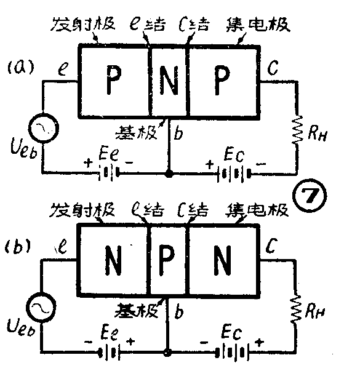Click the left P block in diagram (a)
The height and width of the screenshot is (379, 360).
[114, 79]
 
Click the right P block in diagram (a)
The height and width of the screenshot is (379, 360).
[222, 79]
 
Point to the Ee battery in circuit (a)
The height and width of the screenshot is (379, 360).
[110, 174]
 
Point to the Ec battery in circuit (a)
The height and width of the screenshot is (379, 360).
[231, 174]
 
